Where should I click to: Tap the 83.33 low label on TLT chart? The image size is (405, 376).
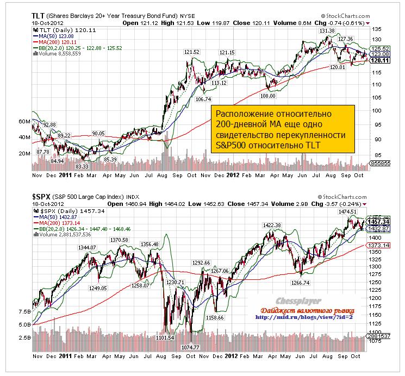pos(82,166)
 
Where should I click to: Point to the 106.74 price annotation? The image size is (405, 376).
pos(203,99)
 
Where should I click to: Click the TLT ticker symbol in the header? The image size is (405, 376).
pos(39,16)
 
